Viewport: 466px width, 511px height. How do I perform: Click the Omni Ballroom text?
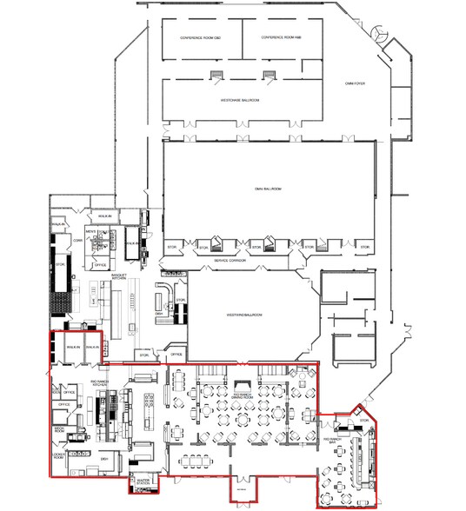[x=265, y=188]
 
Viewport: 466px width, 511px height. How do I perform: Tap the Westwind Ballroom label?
[x=244, y=314]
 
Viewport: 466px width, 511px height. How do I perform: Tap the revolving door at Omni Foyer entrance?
[x=380, y=33]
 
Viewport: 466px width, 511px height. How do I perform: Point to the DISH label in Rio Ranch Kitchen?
[x=103, y=458]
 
